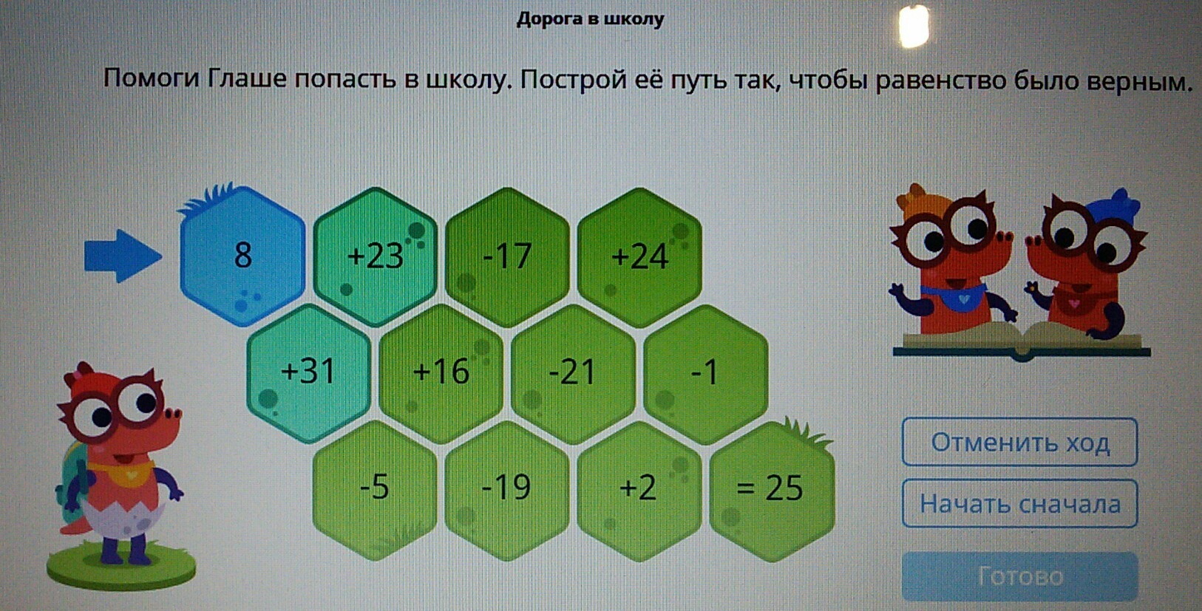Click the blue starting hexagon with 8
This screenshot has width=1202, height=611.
pyautogui.click(x=242, y=256)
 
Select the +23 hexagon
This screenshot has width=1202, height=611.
pyautogui.click(x=375, y=257)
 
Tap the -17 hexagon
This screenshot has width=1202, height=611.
pyautogui.click(x=507, y=257)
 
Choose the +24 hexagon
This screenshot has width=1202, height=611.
pyautogui.click(x=639, y=257)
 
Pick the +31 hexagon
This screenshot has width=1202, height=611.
pyautogui.click(x=308, y=373)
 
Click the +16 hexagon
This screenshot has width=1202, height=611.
pyautogui.click(x=441, y=373)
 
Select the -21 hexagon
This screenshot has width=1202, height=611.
pyautogui.click(x=573, y=373)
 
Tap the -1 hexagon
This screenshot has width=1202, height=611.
pyautogui.click(x=706, y=373)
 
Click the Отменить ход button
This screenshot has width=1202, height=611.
pyautogui.click(x=1019, y=443)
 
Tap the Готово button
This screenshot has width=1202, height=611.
pyautogui.click(x=1019, y=577)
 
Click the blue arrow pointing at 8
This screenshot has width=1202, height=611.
pyautogui.click(x=123, y=256)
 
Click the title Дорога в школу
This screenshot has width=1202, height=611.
pyautogui.click(x=590, y=19)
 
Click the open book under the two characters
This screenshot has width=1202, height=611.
pyautogui.click(x=1022, y=341)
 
